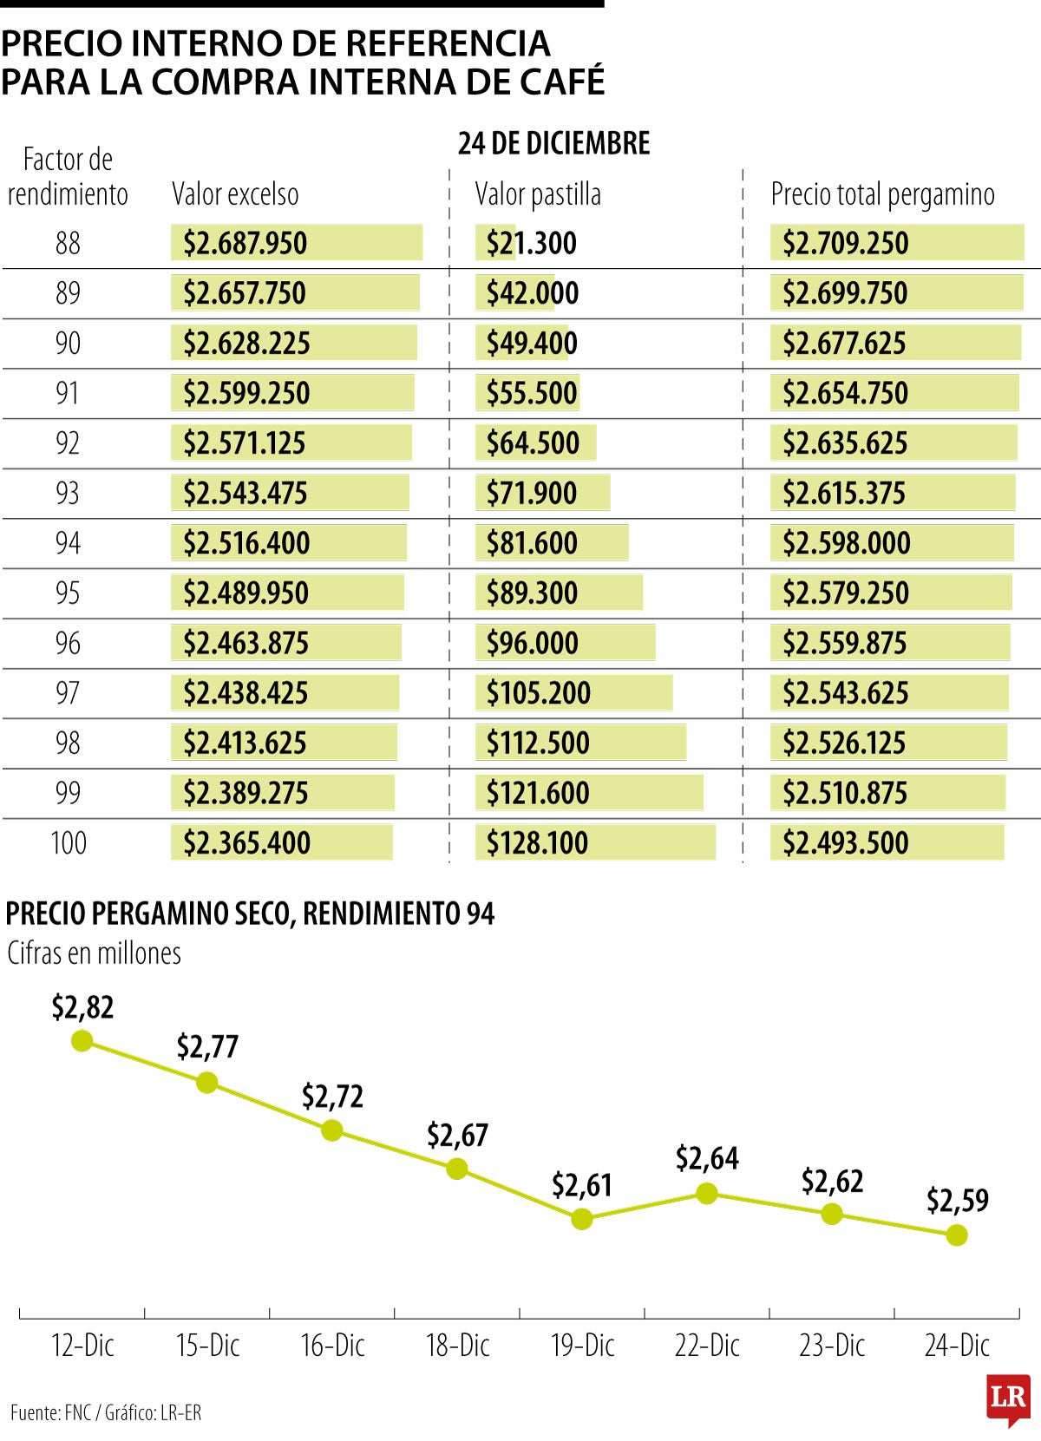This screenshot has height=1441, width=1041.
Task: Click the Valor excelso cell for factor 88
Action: coord(246,244)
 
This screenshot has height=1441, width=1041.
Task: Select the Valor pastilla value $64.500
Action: coord(533,443)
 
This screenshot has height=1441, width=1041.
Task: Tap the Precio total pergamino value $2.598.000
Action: coord(846,544)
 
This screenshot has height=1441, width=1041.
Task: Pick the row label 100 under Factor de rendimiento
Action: coord(68,843)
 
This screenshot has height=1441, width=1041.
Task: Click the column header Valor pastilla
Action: coord(538,194)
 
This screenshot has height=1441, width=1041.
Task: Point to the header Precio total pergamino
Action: coord(882,194)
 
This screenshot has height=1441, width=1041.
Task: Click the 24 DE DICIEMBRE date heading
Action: coord(553,143)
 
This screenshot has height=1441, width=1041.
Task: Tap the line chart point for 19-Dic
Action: coord(582,1219)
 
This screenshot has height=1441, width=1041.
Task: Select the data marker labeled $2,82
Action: coord(82,1040)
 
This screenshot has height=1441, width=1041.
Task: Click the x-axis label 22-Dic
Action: coord(707,1346)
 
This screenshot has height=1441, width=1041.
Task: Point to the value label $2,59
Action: coord(957,1201)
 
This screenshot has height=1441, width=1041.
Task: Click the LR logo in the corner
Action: coord(1008,1398)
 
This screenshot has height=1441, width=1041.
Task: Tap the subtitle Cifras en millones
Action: coord(94,953)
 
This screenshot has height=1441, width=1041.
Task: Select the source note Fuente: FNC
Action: coord(51,1412)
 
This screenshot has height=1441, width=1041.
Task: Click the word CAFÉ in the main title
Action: coord(562,82)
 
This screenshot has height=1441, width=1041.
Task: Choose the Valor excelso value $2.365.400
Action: coord(246,843)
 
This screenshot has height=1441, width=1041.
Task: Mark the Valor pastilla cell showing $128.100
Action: coord(537,843)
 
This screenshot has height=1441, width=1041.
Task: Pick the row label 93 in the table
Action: coord(68,494)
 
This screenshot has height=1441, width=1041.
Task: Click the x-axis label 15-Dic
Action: coord(207,1346)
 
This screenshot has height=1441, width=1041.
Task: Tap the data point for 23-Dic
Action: coord(832,1214)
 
